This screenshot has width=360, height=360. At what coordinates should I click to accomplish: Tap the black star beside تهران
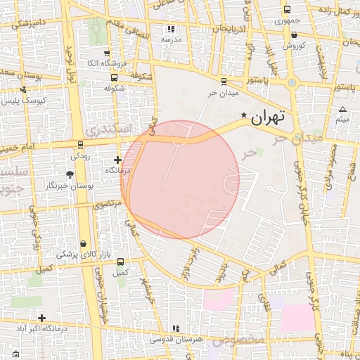tap(244, 115)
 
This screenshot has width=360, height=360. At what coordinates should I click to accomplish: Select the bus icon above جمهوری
tap(287, 10)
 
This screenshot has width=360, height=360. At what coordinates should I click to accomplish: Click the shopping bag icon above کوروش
tap(293, 34)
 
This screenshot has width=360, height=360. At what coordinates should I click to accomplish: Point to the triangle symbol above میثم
tap(342, 109)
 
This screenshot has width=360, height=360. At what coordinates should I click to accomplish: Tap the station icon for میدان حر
tap(224, 82)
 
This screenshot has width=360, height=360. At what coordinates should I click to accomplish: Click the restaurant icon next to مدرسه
tap(171, 30)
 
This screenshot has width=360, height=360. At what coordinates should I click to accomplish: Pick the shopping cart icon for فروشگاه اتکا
tap(106, 53)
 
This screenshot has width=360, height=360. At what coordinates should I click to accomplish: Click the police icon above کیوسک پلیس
tap(23, 90)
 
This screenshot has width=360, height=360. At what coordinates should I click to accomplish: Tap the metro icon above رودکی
tap(80, 145)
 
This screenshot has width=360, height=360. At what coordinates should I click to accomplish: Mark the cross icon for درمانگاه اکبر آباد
tap(42, 319)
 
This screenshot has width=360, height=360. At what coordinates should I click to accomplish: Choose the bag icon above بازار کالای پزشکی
tap(84, 243)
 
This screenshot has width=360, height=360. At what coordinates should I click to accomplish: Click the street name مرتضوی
tap(108, 203)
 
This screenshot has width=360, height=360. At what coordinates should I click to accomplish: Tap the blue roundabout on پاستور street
tap(292, 83)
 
